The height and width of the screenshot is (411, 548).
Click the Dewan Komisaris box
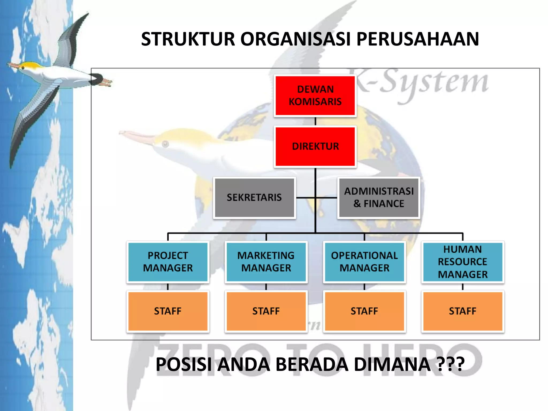click(315, 96)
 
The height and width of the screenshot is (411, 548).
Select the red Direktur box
click(315, 146)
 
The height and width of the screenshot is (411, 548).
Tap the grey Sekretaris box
click(254, 197)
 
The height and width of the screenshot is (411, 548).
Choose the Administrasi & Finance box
click(379, 197)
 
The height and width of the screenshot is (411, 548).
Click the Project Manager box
click(168, 262)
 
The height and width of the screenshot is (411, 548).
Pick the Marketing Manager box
click(266, 262)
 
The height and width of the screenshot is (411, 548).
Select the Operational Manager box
click(364, 262)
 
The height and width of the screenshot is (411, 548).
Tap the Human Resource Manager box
click(463, 262)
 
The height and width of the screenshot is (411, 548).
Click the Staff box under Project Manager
click(168, 311)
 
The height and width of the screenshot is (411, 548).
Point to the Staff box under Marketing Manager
click(266, 311)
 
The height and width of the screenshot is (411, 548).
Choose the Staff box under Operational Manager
click(364, 311)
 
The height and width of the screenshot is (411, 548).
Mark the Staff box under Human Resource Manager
click(463, 311)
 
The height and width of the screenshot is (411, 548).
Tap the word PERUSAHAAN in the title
click(417, 39)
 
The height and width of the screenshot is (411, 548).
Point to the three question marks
click(450, 364)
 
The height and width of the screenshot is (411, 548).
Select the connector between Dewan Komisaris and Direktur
click(315, 121)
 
